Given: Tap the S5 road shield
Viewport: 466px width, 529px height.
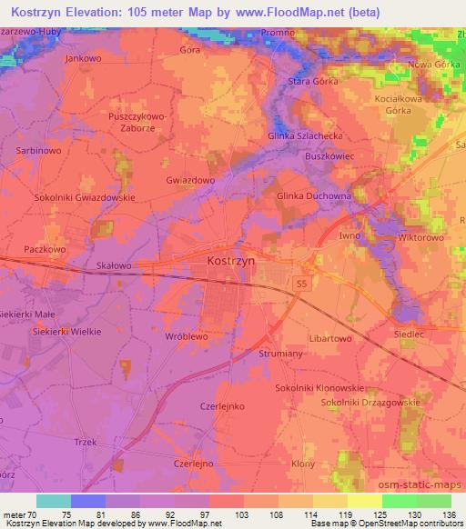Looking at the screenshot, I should (301, 284).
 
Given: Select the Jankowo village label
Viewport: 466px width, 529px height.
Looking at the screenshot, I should (83, 57).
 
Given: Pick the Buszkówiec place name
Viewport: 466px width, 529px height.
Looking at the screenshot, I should (329, 156).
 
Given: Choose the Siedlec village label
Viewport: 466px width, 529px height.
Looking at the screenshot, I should (409, 333).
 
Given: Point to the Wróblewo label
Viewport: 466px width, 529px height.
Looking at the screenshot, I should (187, 335).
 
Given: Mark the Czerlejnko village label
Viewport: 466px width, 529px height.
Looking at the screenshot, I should (222, 407).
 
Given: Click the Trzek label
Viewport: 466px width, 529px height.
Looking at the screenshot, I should (86, 443).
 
